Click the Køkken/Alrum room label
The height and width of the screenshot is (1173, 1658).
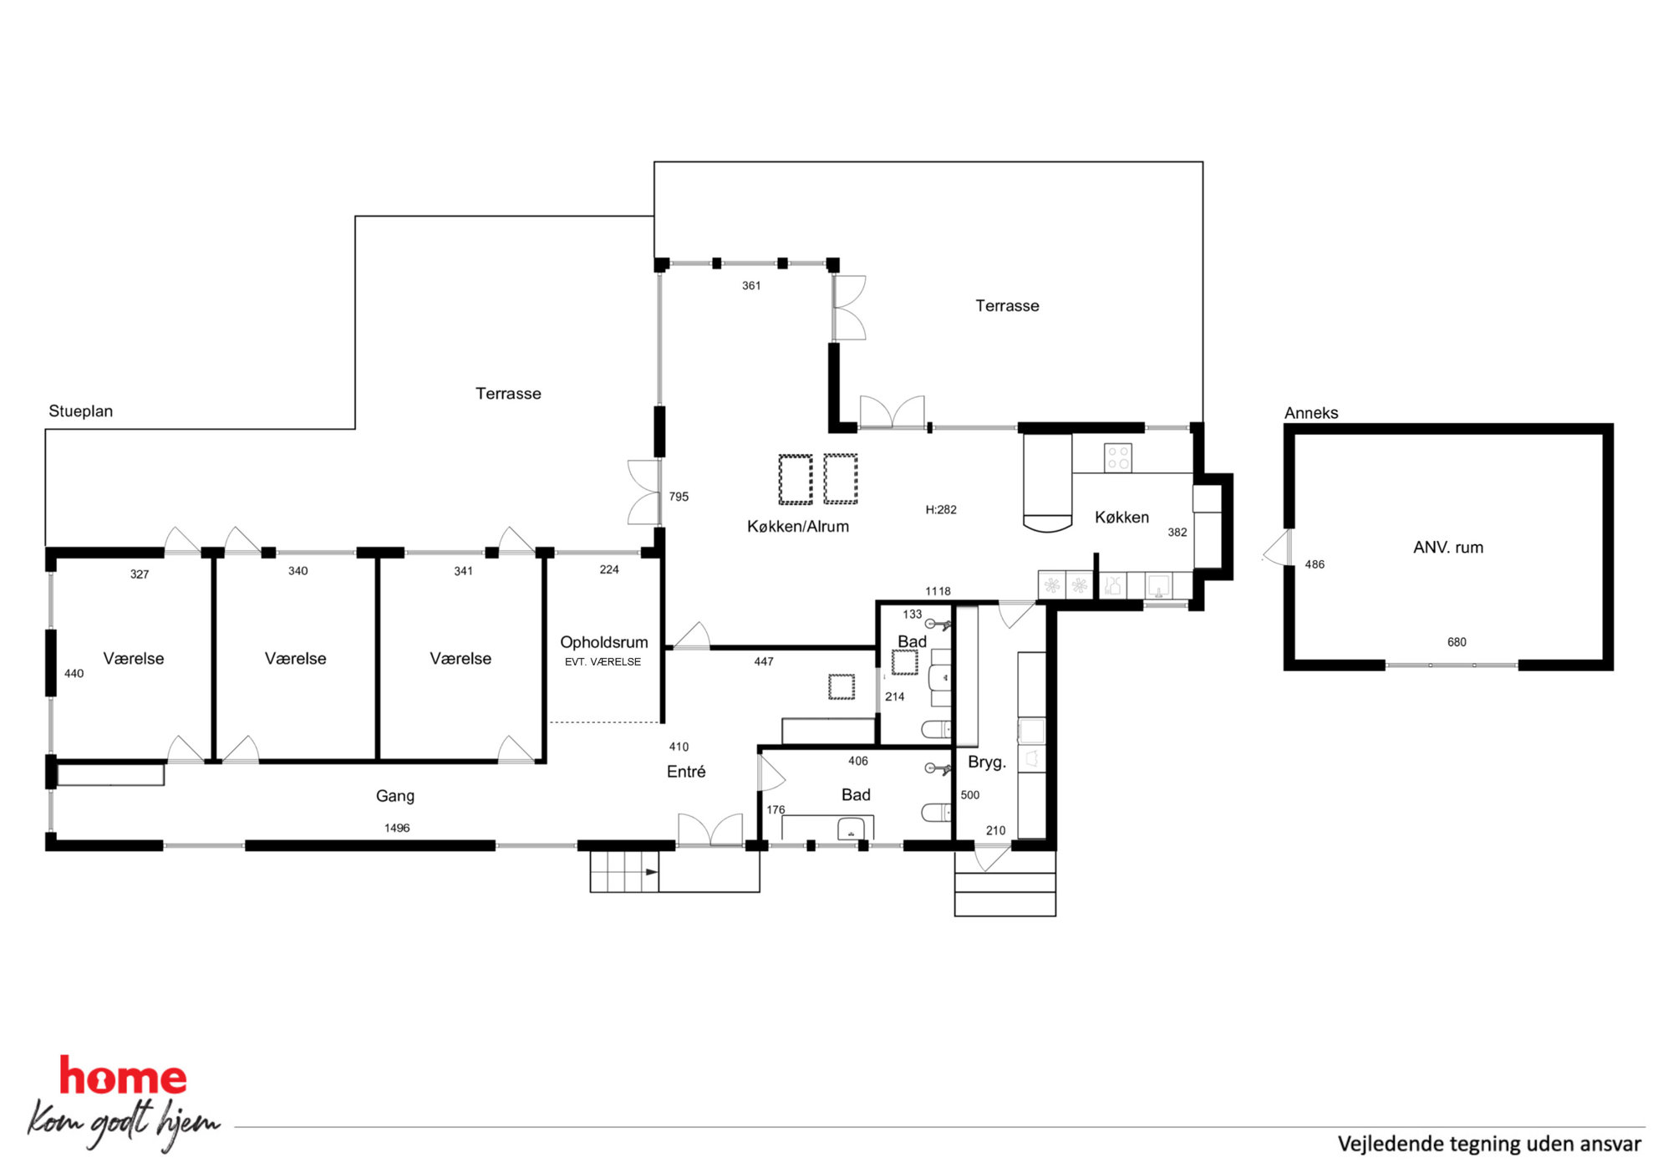pyautogui.click(x=797, y=527)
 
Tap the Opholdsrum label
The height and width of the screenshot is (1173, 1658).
pyautogui.click(x=603, y=643)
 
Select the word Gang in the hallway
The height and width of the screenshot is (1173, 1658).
pyautogui.click(x=394, y=796)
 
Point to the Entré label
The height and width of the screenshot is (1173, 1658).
pyautogui.click(x=685, y=772)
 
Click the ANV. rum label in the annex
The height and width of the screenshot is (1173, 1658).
pyautogui.click(x=1447, y=548)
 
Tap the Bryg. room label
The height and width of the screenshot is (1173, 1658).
pyautogui.click(x=986, y=762)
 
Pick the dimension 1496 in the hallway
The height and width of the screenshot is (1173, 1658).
pyautogui.click(x=397, y=829)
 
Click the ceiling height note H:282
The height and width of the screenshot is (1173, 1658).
pyautogui.click(x=941, y=510)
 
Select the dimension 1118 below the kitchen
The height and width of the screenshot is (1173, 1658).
pyautogui.click(x=938, y=592)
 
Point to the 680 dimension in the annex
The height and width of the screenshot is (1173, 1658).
pyautogui.click(x=1457, y=643)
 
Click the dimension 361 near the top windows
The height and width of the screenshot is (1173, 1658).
pyautogui.click(x=751, y=286)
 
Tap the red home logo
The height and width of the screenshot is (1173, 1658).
pyautogui.click(x=123, y=1077)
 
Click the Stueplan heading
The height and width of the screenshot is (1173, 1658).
pyautogui.click(x=80, y=411)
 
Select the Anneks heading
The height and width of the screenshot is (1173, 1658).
pyautogui.click(x=1311, y=413)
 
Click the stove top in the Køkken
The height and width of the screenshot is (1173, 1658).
pyautogui.click(x=1118, y=458)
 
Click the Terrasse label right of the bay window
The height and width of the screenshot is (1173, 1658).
pyautogui.click(x=1007, y=306)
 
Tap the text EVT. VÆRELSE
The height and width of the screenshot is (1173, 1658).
pyautogui.click(x=603, y=662)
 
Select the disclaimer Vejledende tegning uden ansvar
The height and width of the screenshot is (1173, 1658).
pyautogui.click(x=1489, y=1145)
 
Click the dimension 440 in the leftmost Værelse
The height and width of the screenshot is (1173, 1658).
pyautogui.click(x=74, y=674)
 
